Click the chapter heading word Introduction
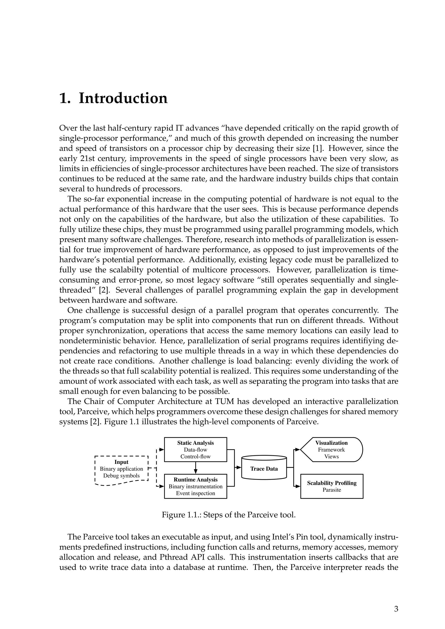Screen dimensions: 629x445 point(123,98)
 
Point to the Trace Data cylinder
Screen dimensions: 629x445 point(264,469)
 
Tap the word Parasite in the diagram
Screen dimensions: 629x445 point(332,490)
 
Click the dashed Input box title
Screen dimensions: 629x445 point(121,462)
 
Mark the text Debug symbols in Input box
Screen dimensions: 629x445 point(121,476)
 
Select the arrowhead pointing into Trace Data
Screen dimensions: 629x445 point(239,467)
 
